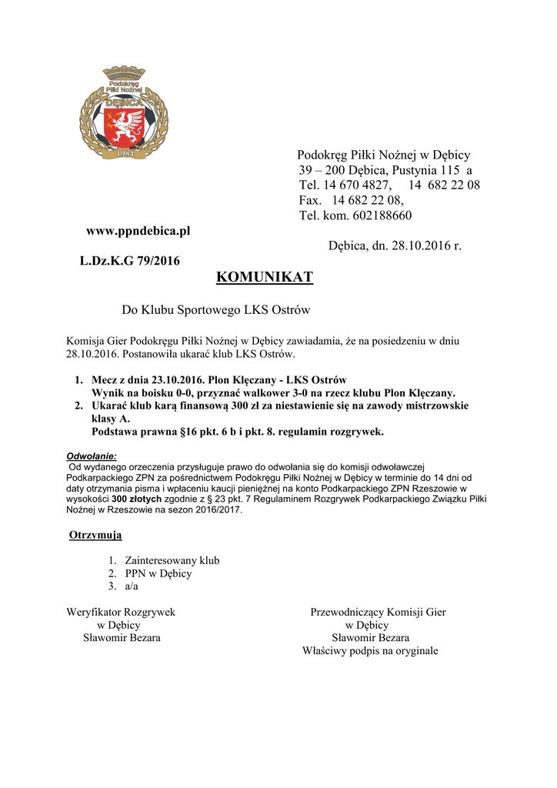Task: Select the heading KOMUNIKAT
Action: [x=265, y=277]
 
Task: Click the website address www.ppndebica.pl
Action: [x=138, y=230]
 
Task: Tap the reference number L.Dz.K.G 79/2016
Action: [x=130, y=261]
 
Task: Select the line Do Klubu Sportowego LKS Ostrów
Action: [x=215, y=310]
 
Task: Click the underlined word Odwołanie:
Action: [x=92, y=456]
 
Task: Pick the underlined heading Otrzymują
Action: [x=95, y=535]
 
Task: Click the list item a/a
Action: [x=132, y=586]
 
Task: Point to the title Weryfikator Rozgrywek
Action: [x=121, y=613]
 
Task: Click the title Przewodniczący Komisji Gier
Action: [x=378, y=613]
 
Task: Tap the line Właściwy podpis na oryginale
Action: [x=370, y=651]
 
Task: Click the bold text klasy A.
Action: [x=111, y=419]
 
